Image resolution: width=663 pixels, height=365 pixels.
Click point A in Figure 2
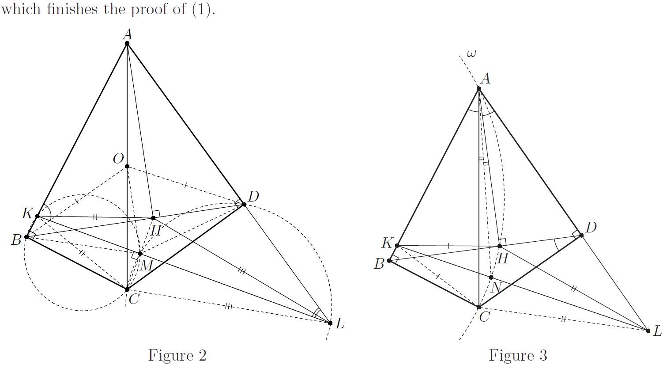click(127, 43)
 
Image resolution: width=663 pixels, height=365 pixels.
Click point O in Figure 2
click(127, 166)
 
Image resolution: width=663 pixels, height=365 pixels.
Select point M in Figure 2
click(140, 254)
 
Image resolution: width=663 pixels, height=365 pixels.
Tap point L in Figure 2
click(330, 323)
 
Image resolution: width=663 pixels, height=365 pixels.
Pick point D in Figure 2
click(244, 204)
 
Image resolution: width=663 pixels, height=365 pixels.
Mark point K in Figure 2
click(38, 216)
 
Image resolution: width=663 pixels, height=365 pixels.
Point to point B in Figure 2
click(26, 237)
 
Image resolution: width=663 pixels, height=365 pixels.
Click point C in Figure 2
click(127, 289)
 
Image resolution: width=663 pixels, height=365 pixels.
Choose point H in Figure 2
click(153, 218)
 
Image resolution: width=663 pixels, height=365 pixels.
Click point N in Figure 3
click(491, 278)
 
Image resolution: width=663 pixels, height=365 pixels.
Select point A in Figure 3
click(479, 88)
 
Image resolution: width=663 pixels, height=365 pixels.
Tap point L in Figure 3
click(648, 330)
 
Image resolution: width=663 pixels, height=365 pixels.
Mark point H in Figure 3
click(500, 246)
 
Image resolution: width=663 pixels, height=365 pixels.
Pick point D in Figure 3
click(581, 235)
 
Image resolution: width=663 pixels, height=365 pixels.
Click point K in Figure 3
click(397, 245)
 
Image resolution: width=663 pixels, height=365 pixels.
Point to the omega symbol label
click(471, 54)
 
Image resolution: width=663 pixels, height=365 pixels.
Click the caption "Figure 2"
click(177, 355)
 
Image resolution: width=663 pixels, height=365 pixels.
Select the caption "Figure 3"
click(518, 355)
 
